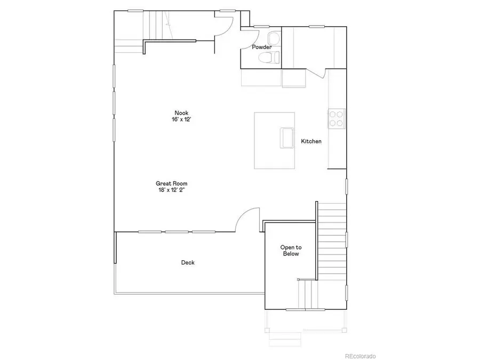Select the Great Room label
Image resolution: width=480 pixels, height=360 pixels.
[x=172, y=183]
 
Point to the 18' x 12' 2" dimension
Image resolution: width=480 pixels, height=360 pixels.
[x=172, y=190]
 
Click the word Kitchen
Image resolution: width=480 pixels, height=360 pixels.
[x=311, y=141]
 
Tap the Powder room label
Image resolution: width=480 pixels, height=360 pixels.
[x=262, y=47]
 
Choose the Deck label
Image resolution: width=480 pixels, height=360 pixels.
[x=188, y=262]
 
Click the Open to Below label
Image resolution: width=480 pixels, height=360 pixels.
[x=291, y=251]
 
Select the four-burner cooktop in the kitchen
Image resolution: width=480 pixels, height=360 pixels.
[x=337, y=118]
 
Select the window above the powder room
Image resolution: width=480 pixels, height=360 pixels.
[x=261, y=26]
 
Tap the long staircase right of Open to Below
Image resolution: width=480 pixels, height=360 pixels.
[x=332, y=240]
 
